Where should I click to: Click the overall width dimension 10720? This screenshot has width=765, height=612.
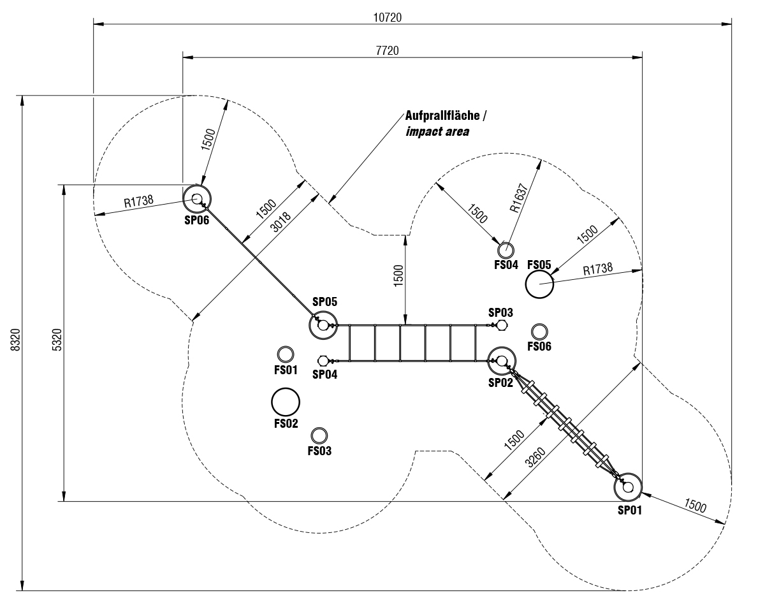point(388,17)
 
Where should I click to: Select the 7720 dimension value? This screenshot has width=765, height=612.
point(388,50)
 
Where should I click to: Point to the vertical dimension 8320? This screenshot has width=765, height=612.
point(16,343)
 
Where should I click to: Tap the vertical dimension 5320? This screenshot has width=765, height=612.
point(57,343)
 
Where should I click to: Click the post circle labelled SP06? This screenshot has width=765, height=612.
point(197,199)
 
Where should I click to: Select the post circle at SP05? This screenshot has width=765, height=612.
point(323,325)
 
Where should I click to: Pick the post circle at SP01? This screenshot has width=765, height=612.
point(629,487)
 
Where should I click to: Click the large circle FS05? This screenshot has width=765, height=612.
point(539,284)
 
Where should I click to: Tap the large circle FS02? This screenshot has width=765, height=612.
point(286,402)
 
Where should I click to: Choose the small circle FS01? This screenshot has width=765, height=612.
point(285,354)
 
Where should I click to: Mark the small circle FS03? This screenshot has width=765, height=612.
point(319,435)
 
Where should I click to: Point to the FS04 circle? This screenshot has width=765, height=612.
point(506,249)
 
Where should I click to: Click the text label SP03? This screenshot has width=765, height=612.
point(500,312)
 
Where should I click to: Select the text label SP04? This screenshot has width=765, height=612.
point(324,374)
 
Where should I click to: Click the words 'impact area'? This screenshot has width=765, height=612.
point(437,132)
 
